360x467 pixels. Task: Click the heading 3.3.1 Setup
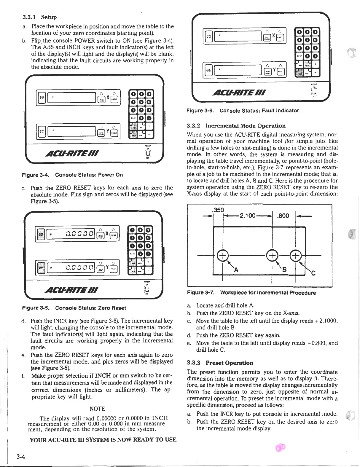point(40,17)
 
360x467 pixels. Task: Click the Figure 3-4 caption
point(72,175)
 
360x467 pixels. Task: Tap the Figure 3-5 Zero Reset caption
point(74,308)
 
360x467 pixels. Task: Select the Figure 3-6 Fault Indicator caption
point(243,111)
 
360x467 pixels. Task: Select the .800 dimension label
point(283,216)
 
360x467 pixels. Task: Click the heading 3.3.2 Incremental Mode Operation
point(236,126)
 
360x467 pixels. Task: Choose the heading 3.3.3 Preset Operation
point(220,363)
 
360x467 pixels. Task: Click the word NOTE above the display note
point(97,409)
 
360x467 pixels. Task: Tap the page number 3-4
point(20,457)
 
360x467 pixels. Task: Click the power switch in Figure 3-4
point(147,154)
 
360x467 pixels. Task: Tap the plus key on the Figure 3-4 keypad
point(149,126)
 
